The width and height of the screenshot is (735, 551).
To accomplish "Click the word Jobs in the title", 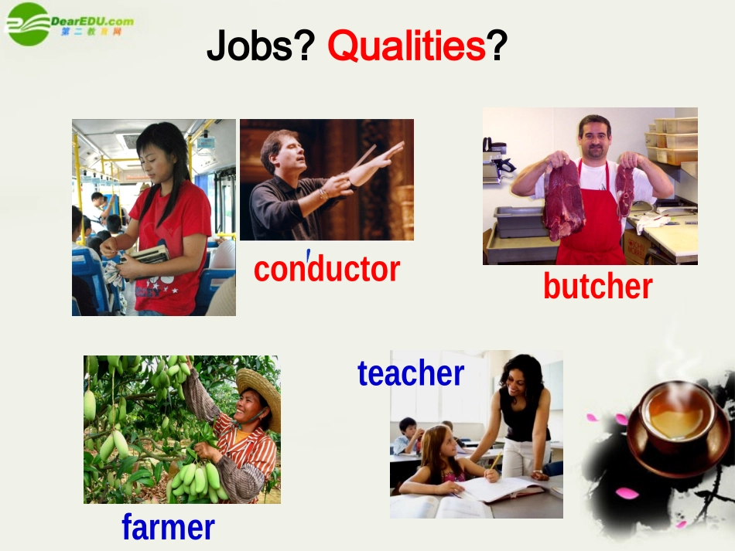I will pyautogui.click(x=252, y=47).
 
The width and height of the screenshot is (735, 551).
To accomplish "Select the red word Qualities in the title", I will pyautogui.click(x=406, y=47).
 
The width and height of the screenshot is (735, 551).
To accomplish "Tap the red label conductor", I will pyautogui.click(x=326, y=269).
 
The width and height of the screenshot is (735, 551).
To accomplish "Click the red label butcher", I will pyautogui.click(x=597, y=286).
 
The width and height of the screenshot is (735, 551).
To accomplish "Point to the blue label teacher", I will pyautogui.click(x=410, y=373).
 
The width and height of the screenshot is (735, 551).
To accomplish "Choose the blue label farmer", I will pyautogui.click(x=168, y=528).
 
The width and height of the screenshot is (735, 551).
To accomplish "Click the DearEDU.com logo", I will pyautogui.click(x=70, y=23).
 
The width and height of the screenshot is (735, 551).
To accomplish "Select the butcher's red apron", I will pyautogui.click(x=592, y=224).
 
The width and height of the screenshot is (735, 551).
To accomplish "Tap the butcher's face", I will pyautogui.click(x=594, y=138).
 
